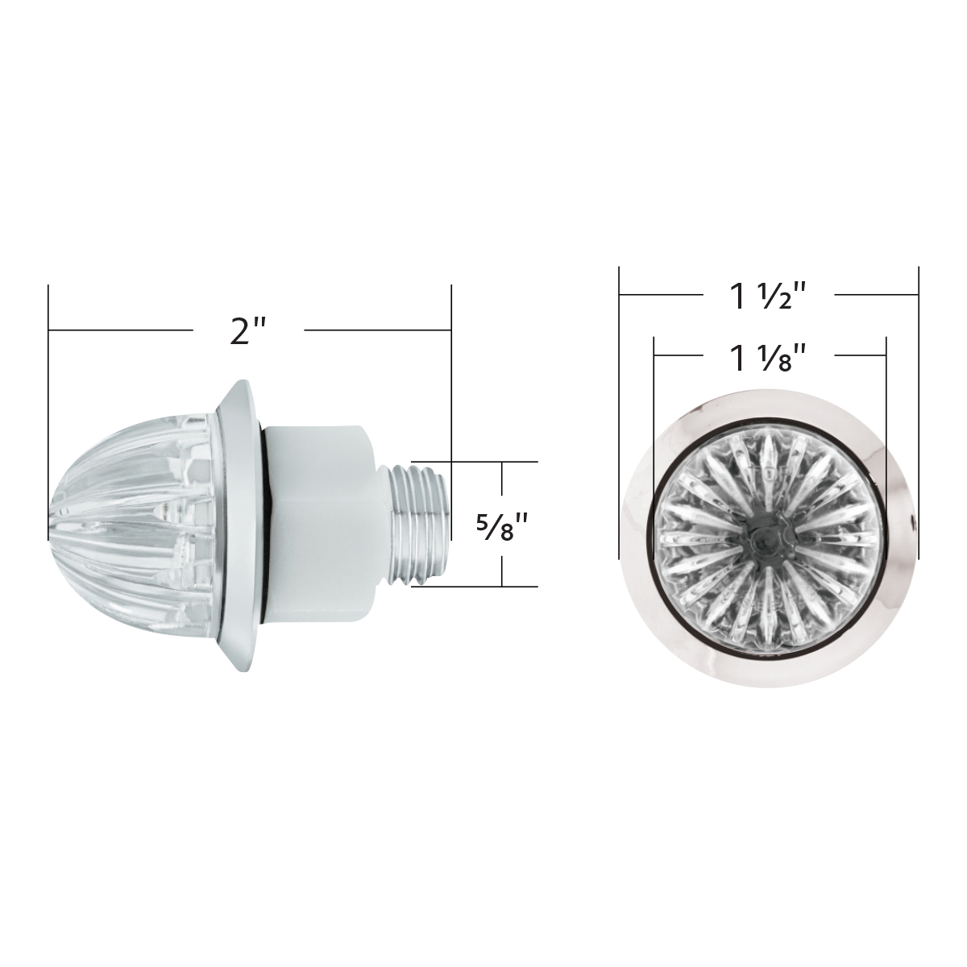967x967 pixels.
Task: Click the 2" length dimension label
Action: [x=247, y=330]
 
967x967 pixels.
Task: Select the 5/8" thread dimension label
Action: [x=500, y=525]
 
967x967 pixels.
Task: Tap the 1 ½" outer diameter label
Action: [x=768, y=297]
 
